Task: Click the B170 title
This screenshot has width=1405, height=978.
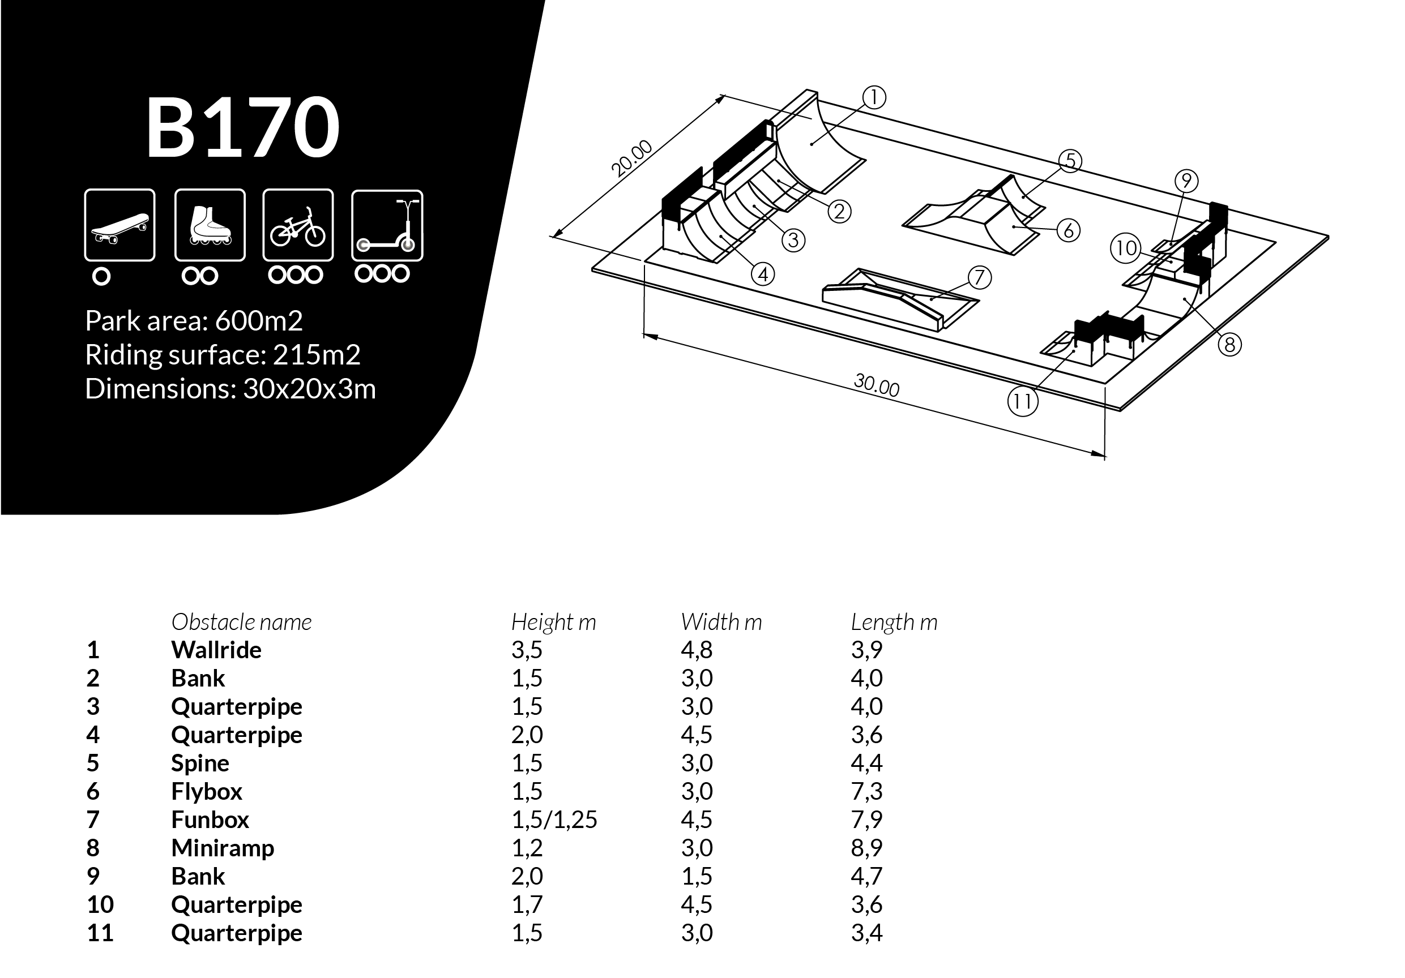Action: point(242,127)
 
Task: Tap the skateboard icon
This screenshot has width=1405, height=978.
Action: point(119,225)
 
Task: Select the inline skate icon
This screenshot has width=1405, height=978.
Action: point(210,225)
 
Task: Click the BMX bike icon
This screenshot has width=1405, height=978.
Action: point(298,225)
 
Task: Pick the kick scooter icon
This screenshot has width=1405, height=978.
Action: point(387,226)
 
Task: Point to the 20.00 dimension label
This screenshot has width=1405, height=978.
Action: point(632,158)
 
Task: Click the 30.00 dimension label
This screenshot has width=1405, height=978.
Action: point(876,385)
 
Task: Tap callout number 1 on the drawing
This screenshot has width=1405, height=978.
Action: point(874,97)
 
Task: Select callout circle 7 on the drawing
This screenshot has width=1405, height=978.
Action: point(979,278)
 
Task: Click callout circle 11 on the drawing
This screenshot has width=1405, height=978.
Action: point(1023,402)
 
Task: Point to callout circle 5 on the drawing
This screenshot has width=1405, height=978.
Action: point(1070,161)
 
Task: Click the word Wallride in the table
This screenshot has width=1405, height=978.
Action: point(216,650)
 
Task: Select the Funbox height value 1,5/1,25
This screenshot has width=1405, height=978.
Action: point(554,820)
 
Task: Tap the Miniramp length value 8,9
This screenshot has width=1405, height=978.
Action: point(866,848)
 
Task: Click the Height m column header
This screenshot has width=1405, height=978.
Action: point(553,622)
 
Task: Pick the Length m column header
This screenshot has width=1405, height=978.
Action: point(894,622)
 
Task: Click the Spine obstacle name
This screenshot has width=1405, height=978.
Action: point(200,763)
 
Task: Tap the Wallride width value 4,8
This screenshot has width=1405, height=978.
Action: point(697,650)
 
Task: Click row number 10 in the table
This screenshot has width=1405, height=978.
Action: point(100,904)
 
